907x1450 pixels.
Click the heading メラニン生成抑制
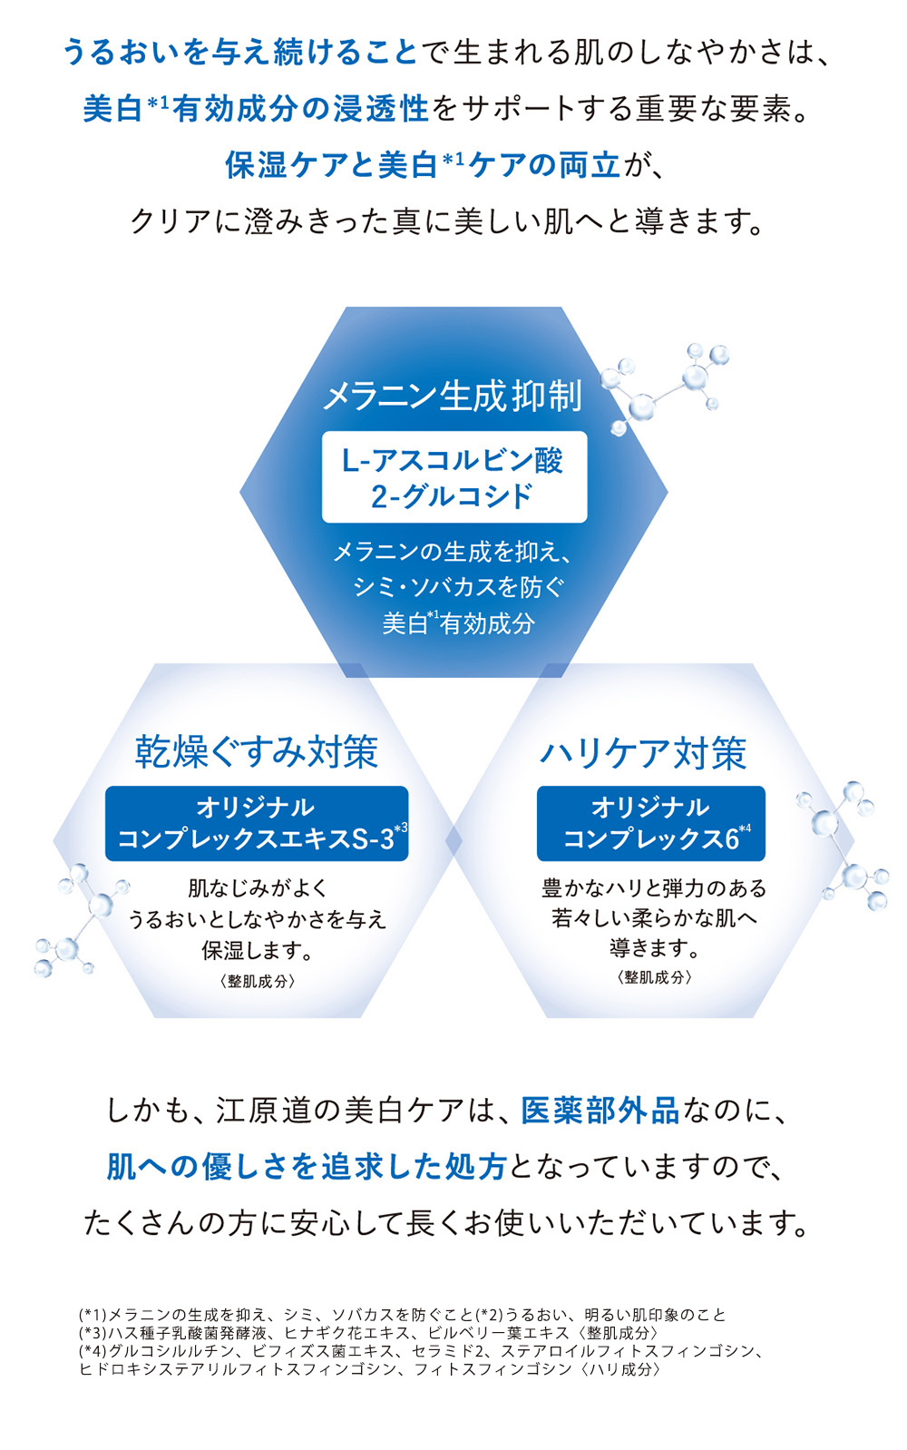tap(453, 396)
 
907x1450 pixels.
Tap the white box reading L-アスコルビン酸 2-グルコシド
tap(453, 477)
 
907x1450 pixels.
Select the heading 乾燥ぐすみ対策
tap(257, 751)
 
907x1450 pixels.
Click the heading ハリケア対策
tap(643, 753)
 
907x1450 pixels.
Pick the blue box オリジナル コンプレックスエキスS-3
tap(257, 823)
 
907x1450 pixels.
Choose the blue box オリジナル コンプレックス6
tap(650, 823)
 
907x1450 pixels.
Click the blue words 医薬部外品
tap(600, 1111)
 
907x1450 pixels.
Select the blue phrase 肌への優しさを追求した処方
tap(306, 1167)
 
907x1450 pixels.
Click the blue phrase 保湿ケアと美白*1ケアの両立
tap(423, 165)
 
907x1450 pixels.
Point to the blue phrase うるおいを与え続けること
tap(240, 52)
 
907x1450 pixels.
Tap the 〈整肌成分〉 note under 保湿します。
tap(258, 981)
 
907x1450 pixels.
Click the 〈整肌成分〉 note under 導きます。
tap(654, 977)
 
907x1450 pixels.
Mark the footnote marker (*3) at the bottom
tap(93, 1333)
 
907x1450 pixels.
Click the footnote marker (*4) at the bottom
tap(93, 1351)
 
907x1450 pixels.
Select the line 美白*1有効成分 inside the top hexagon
tap(458, 623)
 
